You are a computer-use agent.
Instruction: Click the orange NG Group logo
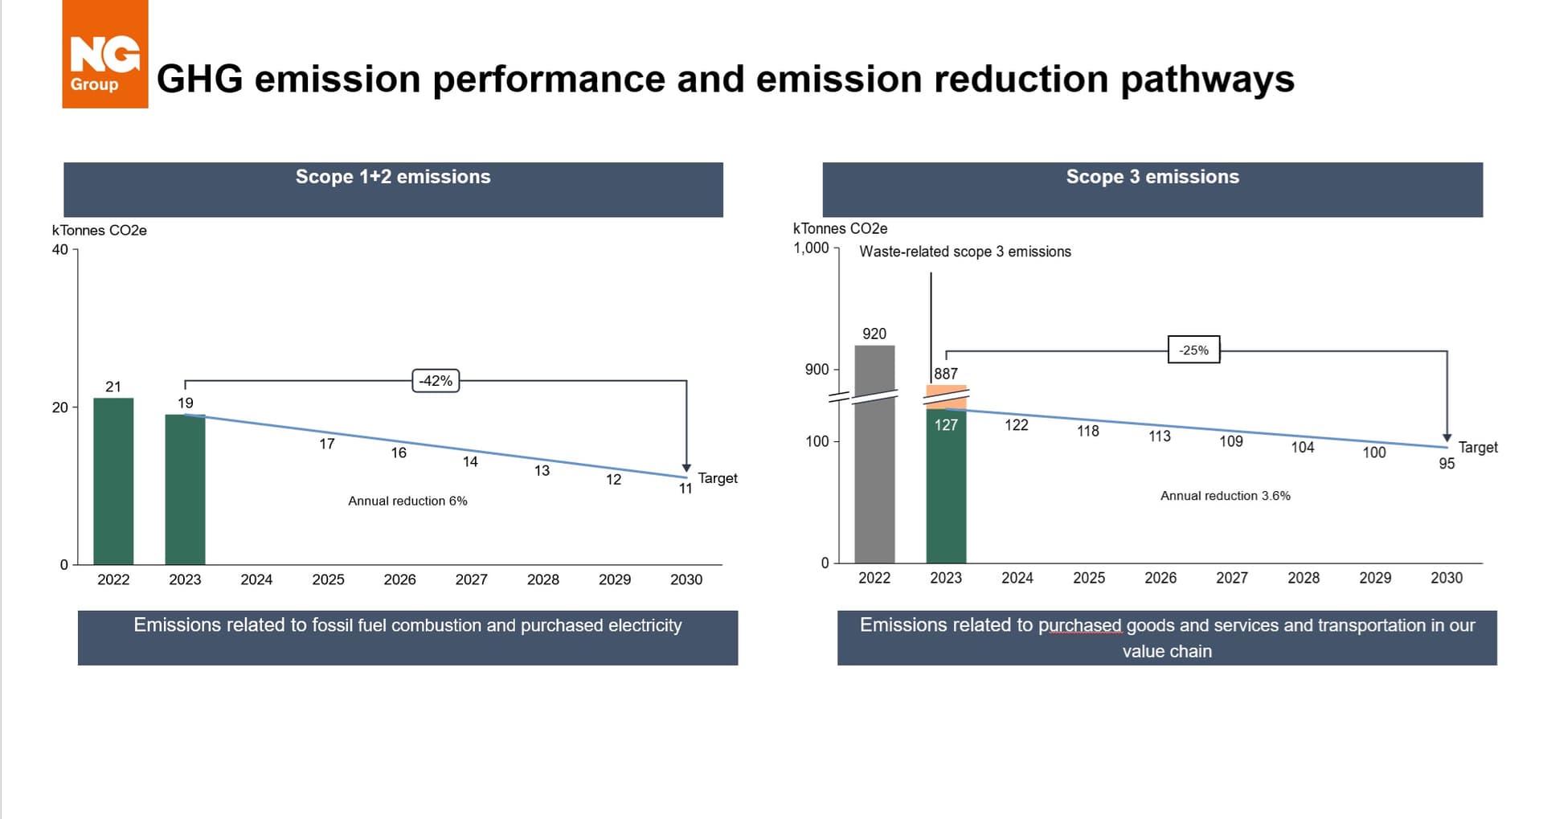click(104, 55)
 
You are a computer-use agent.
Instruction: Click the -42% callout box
click(436, 380)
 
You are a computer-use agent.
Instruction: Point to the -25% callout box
click(1193, 350)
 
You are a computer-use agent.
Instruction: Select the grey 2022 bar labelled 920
click(874, 454)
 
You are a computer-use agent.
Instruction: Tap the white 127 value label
click(946, 425)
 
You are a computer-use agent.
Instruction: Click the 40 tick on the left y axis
click(60, 249)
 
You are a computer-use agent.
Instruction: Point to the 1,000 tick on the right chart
click(811, 248)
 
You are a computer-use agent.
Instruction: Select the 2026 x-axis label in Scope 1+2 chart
click(399, 579)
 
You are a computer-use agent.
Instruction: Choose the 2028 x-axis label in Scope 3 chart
click(1304, 578)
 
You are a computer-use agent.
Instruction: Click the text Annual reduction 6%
click(407, 501)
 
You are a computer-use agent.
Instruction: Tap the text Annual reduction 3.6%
click(1225, 496)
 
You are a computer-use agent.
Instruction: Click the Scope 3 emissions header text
click(1152, 177)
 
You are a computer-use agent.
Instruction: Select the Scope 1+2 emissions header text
click(393, 177)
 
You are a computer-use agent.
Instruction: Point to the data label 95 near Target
click(1447, 464)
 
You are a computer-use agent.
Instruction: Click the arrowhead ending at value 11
click(686, 468)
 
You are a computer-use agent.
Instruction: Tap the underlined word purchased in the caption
click(1079, 625)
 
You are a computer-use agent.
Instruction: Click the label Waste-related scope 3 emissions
click(964, 252)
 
